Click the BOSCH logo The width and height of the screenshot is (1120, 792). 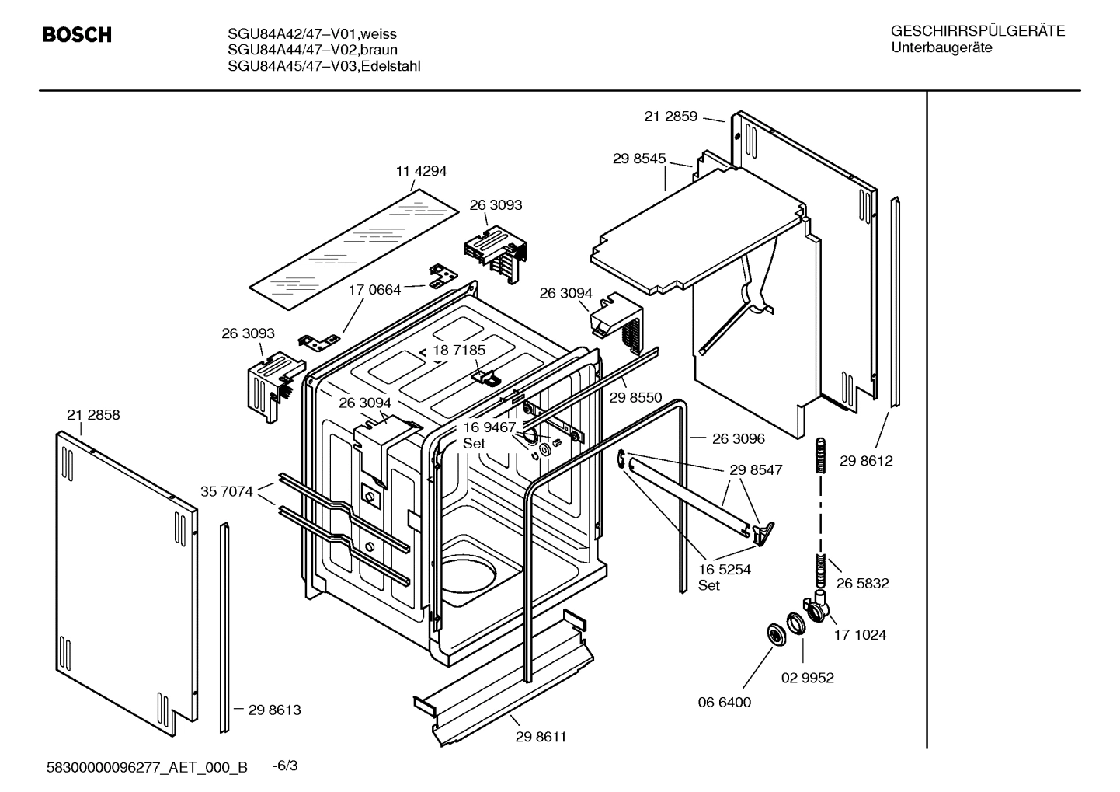77,35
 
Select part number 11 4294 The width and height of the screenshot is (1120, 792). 421,171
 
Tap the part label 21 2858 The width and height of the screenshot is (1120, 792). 93,415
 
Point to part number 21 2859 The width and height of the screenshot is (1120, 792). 670,117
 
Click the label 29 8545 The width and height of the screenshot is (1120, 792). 638,159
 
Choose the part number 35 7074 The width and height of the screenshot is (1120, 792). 226,491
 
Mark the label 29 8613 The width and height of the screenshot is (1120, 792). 274,710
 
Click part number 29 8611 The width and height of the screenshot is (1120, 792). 541,737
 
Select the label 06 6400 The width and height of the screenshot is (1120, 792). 724,702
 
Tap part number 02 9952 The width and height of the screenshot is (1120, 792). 807,678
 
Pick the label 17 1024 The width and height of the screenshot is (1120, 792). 860,635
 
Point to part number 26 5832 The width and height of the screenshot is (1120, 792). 862,583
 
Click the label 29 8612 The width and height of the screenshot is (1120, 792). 866,461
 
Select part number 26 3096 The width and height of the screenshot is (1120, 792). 738,438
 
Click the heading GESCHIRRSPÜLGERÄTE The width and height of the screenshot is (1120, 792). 977,32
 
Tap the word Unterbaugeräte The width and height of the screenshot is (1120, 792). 941,48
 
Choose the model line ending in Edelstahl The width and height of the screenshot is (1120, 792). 324,66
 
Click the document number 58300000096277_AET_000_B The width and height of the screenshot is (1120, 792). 148,768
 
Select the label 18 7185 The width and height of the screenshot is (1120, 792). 458,351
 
